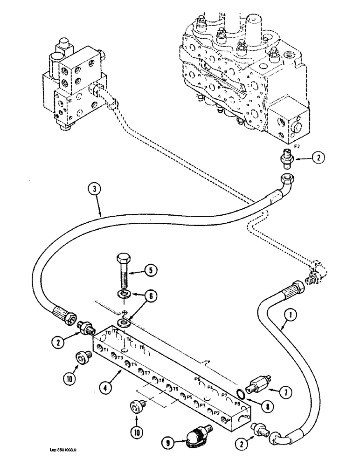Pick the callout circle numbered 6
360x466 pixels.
(x=152, y=295)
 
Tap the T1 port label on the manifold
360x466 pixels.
(x=106, y=350)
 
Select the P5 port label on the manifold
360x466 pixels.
(x=189, y=397)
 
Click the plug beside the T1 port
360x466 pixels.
(x=83, y=358)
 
